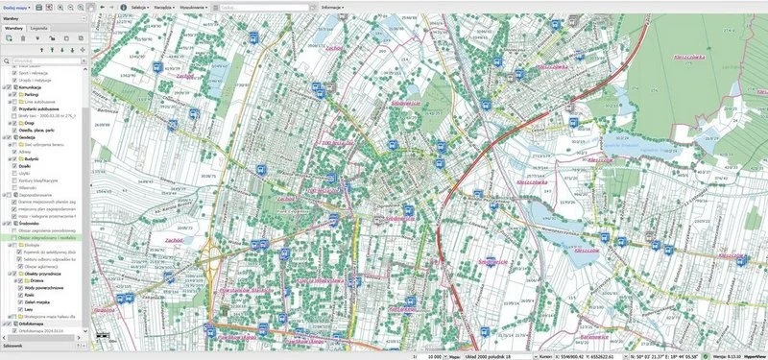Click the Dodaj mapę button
(x=16, y=6)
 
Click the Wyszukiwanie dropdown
(x=197, y=6)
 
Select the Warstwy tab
(x=13, y=28)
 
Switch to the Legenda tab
(x=38, y=28)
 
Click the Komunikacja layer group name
(x=32, y=86)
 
